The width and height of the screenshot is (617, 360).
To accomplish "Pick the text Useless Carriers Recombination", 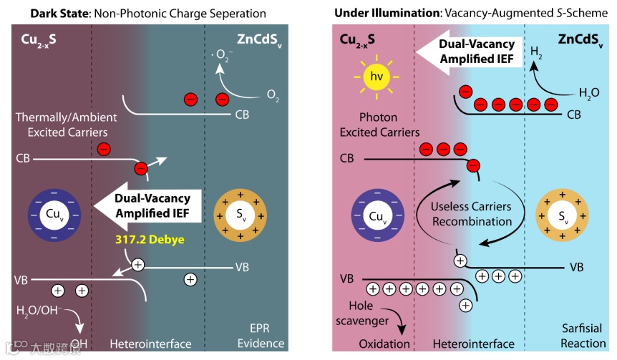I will click(x=471, y=213).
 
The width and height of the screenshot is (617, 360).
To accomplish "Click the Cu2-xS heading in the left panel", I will click(x=39, y=37).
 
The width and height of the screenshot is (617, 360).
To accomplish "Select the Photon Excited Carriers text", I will click(x=379, y=125).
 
